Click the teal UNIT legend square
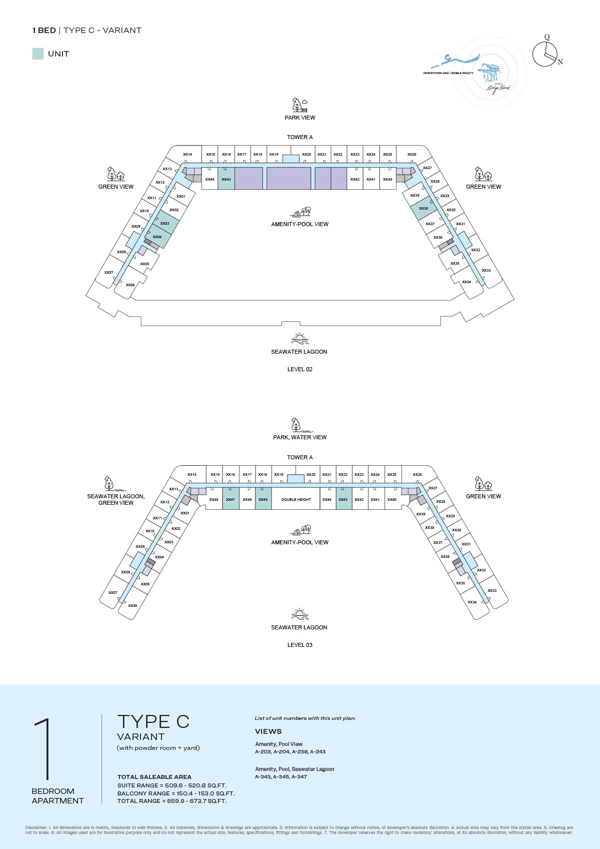37,54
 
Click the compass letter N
560,62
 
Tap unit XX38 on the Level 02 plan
423,209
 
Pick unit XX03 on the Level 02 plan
165,223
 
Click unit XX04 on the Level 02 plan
157,237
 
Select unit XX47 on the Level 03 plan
230,499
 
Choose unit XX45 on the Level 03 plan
263,499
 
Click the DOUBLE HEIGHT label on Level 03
296,499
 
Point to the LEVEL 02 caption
299,369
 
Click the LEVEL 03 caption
299,645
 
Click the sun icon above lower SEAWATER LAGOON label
299,614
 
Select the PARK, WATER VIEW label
299,437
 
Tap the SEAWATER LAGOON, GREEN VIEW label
115,499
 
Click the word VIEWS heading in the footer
268,731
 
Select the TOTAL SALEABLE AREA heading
154,777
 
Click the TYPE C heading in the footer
153,721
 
